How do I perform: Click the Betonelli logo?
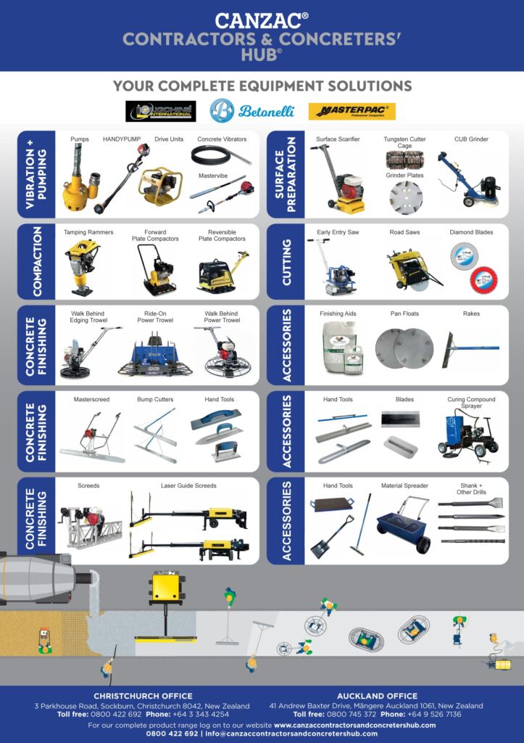[233, 110]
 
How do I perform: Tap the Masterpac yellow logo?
[352, 112]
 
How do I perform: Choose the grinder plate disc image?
[405, 197]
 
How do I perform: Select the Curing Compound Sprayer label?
[471, 403]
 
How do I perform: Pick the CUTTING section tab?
[286, 261]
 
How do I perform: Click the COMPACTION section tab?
[36, 261]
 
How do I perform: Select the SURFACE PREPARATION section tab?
[286, 174]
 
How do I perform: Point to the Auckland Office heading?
[375, 696]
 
